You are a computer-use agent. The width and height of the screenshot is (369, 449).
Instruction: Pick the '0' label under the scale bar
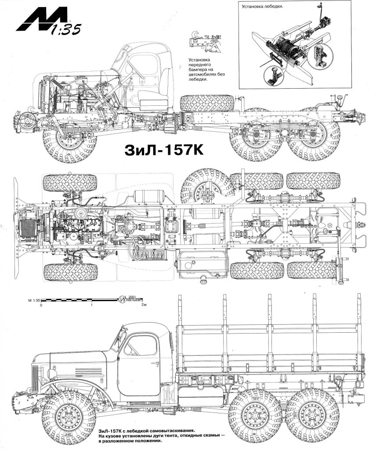click(40, 304)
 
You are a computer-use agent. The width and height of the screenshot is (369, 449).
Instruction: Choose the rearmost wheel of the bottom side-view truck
click(311, 415)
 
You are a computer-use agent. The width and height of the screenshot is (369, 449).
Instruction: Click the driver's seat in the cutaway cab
click(152, 101)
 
